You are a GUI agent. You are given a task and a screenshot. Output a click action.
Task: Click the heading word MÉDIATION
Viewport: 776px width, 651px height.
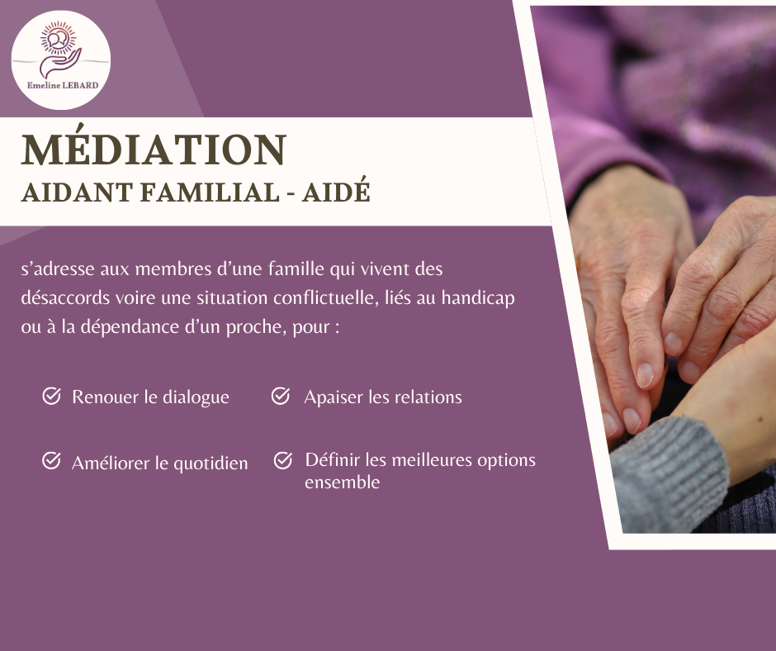(154, 150)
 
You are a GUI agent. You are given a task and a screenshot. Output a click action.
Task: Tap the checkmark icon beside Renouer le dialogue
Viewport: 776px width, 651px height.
(51, 397)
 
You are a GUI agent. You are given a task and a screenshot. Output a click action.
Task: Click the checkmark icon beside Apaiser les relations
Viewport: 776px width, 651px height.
(281, 397)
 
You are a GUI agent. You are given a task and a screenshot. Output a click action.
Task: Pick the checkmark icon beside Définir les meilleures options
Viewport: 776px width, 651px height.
(283, 460)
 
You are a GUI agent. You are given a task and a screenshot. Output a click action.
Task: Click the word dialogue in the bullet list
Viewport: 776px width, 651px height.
(196, 397)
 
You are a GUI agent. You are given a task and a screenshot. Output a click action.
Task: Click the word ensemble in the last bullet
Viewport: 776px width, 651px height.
(342, 482)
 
